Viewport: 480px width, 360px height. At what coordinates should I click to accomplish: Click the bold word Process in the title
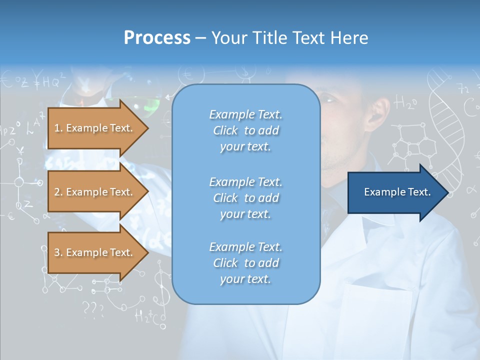pos(157,38)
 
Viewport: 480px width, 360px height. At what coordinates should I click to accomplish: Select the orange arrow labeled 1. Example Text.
pos(95,128)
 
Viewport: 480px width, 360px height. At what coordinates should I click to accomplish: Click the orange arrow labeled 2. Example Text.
pos(95,192)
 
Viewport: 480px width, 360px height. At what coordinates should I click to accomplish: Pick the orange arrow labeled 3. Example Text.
pos(95,252)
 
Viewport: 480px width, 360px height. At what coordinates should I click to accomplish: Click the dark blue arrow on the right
pos(395,192)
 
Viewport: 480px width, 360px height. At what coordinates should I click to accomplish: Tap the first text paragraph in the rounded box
pos(245,130)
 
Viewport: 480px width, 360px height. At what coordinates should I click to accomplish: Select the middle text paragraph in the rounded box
pos(245,198)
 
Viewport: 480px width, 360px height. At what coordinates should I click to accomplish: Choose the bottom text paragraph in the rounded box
pos(245,263)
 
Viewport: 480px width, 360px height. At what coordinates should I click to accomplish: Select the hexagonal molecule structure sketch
pos(412,145)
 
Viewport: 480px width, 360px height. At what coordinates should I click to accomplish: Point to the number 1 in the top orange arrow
pos(57,128)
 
